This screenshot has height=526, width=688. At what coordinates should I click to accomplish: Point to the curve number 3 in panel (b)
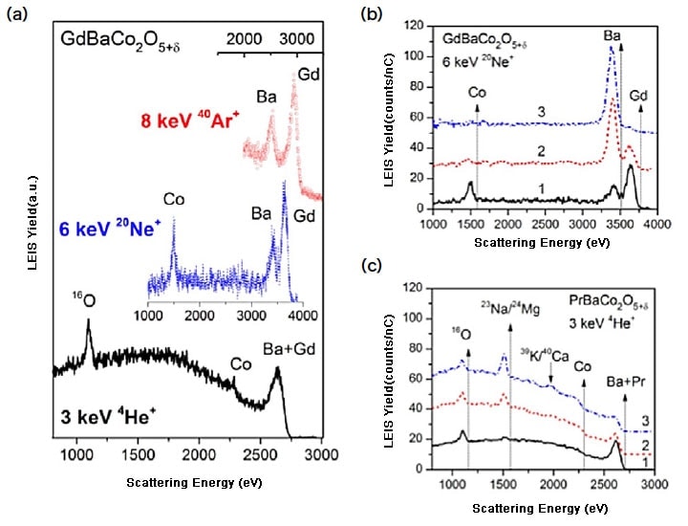[541, 112]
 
